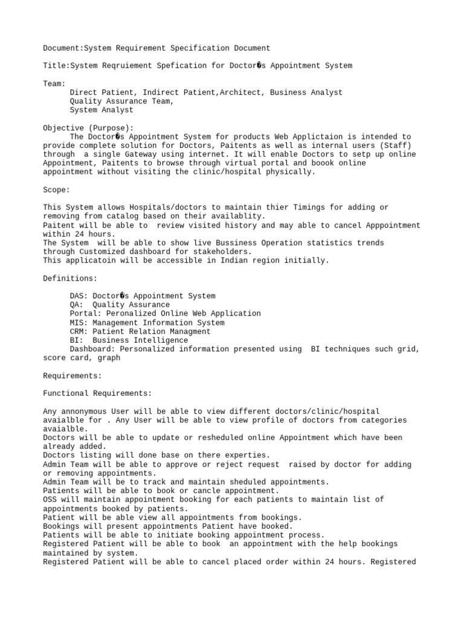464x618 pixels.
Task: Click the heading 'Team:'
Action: coord(54,84)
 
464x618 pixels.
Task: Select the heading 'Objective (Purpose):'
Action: coord(88,128)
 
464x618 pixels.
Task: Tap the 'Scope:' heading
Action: coord(57,190)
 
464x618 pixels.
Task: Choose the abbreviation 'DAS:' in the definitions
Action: coord(79,296)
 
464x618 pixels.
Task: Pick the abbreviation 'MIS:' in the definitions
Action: coord(79,323)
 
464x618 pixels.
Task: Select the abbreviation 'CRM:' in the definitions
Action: coord(79,331)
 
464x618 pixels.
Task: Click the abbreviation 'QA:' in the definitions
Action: coord(77,305)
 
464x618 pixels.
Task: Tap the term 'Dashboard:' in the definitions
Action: coord(92,349)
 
